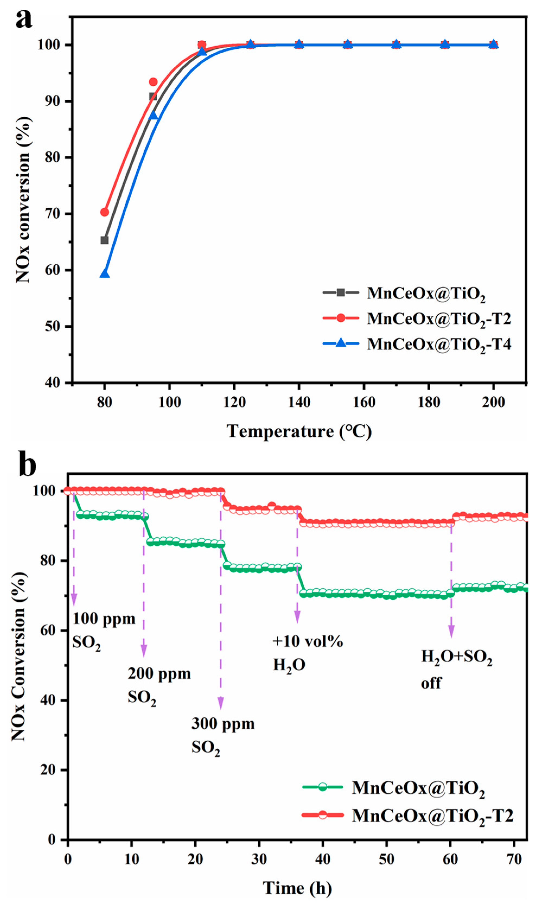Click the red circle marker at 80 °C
coord(105,212)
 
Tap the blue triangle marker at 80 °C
coord(105,273)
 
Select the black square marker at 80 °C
coord(105,240)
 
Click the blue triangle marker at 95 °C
coord(153,115)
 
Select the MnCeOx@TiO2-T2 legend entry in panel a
coord(417,318)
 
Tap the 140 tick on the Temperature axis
coord(299,402)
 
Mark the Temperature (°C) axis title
coord(299,431)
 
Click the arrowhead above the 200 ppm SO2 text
coord(144,650)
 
